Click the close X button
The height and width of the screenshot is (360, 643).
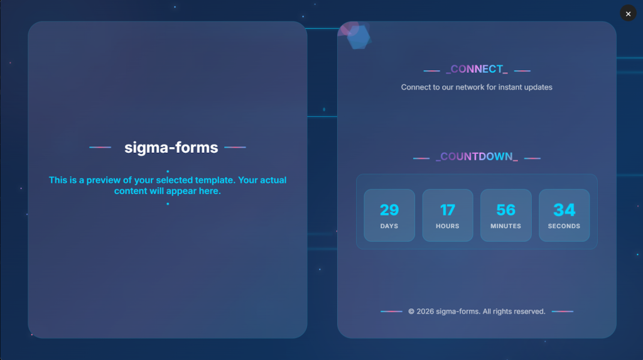pyautogui.click(x=628, y=14)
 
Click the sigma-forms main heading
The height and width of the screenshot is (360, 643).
pyautogui.click(x=171, y=148)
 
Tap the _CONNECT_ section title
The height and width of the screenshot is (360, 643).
pyautogui.click(x=477, y=69)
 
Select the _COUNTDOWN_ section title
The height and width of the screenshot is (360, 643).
pyautogui.click(x=477, y=157)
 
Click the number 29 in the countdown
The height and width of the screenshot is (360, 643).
pyautogui.click(x=389, y=210)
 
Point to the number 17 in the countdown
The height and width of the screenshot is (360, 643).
pyautogui.click(x=447, y=210)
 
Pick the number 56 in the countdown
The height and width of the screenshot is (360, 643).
pyautogui.click(x=505, y=210)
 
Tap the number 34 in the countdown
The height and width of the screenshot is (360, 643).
pyautogui.click(x=565, y=210)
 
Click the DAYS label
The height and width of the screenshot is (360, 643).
pyautogui.click(x=389, y=226)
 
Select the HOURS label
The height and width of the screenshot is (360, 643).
pyautogui.click(x=447, y=226)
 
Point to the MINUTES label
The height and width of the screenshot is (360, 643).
pyautogui.click(x=505, y=226)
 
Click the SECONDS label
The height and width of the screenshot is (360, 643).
pyautogui.click(x=565, y=226)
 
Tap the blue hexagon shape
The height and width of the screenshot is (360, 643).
pyautogui.click(x=359, y=37)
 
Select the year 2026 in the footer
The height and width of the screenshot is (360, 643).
pyautogui.click(x=425, y=312)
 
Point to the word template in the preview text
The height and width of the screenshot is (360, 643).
pyautogui.click(x=215, y=180)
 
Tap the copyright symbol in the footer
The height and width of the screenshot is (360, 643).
pyautogui.click(x=411, y=312)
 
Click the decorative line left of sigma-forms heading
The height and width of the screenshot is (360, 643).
pyautogui.click(x=100, y=147)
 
